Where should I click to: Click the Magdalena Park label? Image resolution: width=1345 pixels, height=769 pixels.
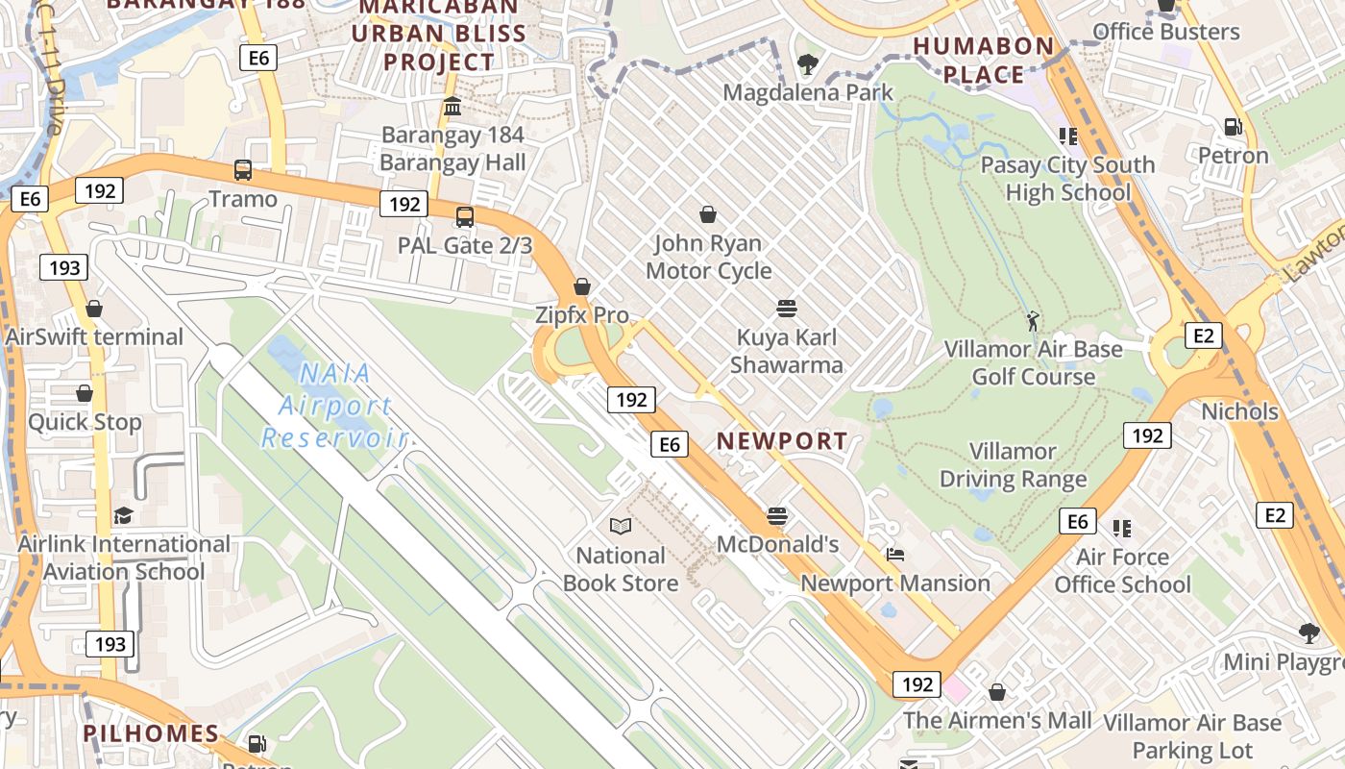[x=808, y=93]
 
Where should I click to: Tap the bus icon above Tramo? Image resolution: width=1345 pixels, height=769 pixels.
[x=243, y=170]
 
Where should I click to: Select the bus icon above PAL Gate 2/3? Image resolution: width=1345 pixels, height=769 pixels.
[x=465, y=216]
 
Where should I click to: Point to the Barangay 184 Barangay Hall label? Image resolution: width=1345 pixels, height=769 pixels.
[x=452, y=148]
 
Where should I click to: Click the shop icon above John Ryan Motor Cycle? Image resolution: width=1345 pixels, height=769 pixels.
[x=708, y=213]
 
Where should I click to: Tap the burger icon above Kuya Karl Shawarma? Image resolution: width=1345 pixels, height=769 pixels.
[x=786, y=309]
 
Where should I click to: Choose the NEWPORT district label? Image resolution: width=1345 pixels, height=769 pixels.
[x=782, y=441]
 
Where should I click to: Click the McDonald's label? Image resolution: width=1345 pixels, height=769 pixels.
[x=778, y=545]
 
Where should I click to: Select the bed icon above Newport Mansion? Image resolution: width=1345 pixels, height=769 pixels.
[x=894, y=555]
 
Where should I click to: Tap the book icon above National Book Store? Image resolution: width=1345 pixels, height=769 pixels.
[x=621, y=526]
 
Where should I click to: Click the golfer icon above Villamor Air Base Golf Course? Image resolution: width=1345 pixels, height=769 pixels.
[x=1033, y=320]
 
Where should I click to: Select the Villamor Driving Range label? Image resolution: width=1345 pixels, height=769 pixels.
[x=1013, y=465]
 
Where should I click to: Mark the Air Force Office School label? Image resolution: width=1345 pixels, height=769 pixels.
[x=1122, y=571]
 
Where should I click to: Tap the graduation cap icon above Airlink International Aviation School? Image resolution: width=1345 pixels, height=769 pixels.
[x=123, y=516]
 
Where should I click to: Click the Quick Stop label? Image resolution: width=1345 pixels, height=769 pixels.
[x=85, y=422]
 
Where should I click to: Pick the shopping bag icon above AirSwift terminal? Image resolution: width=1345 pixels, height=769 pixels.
[x=94, y=309]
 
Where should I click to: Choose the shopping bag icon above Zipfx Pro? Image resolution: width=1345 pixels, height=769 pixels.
[x=581, y=286]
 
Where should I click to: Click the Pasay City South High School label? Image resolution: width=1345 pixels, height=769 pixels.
[x=1067, y=179]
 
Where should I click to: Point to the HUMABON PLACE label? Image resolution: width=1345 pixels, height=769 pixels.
[x=983, y=61]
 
